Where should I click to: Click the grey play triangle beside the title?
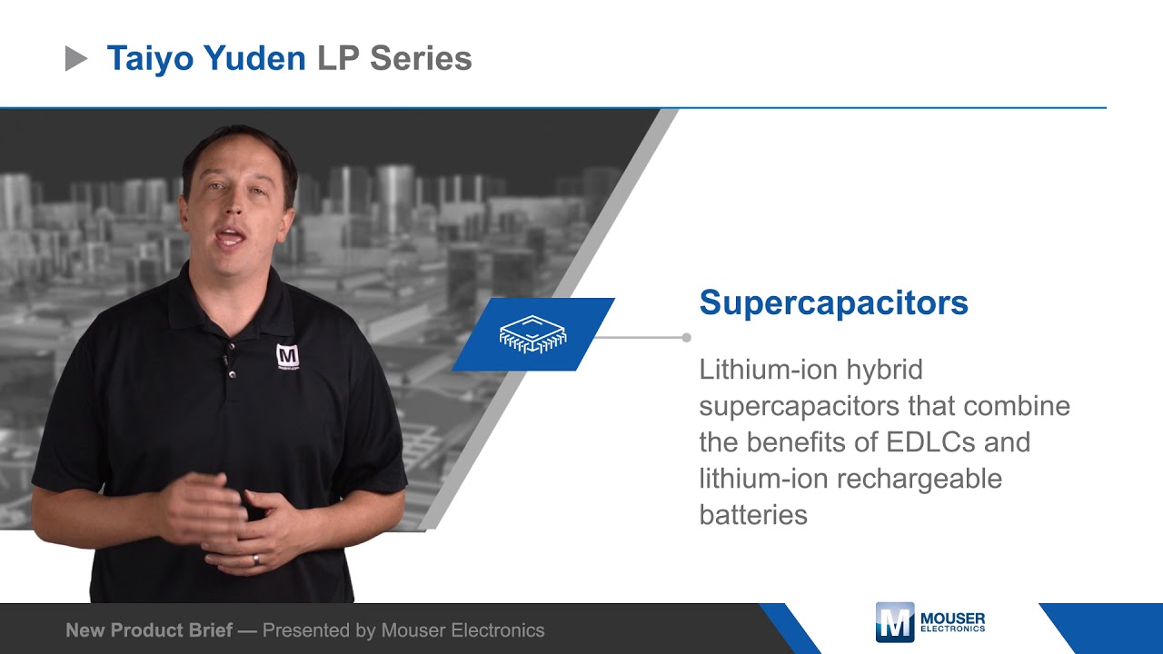pyautogui.click(x=76, y=59)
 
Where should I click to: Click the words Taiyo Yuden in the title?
pyautogui.click(x=206, y=59)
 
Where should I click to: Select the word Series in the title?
pyautogui.click(x=421, y=59)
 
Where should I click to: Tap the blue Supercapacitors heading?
pyautogui.click(x=833, y=302)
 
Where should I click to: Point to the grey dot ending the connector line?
pyautogui.click(x=686, y=337)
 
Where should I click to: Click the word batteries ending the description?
pyautogui.click(x=753, y=515)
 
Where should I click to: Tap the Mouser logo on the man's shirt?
pyautogui.click(x=287, y=357)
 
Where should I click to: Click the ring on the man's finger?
pyautogui.click(x=256, y=560)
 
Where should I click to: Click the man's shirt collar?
pyautogui.click(x=273, y=291)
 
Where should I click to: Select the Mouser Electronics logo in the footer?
pyautogui.click(x=929, y=622)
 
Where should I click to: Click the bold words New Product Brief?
pyautogui.click(x=149, y=629)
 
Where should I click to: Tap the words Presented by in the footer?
pyautogui.click(x=319, y=629)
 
